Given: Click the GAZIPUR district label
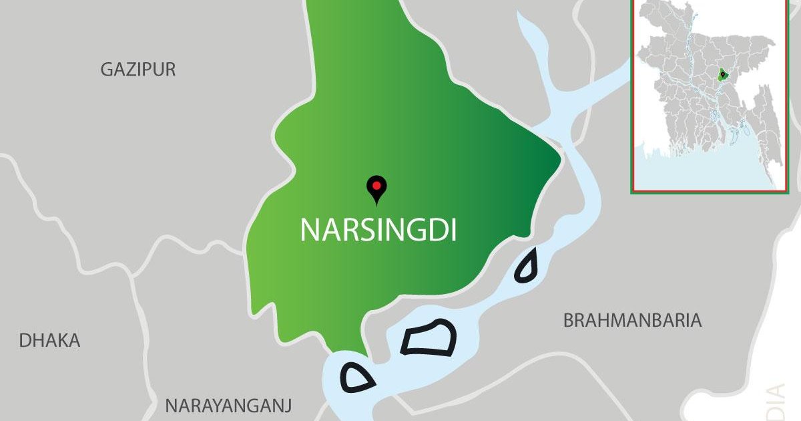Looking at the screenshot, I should click(x=138, y=69).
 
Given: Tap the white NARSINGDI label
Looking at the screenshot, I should click(x=378, y=229).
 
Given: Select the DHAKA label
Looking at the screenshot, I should click(x=49, y=340).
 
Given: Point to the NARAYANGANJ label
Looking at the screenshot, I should click(x=229, y=406).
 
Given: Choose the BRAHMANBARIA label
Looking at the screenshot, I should click(x=632, y=321).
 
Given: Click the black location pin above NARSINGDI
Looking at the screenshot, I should click(x=377, y=190).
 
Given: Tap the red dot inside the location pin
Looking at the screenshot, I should click(x=377, y=185).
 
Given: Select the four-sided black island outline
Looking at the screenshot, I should click(x=429, y=337).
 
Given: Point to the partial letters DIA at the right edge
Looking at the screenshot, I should click(x=776, y=401).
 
